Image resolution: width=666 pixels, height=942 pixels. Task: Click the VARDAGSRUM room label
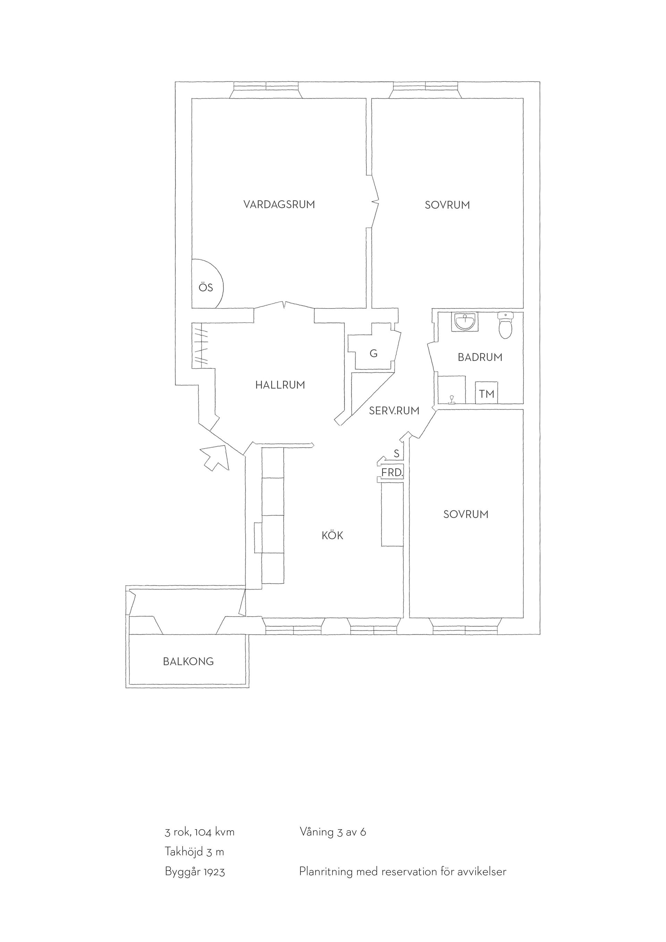click(279, 204)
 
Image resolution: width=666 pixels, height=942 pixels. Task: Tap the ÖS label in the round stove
click(206, 287)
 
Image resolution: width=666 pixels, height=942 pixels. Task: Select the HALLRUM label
click(280, 385)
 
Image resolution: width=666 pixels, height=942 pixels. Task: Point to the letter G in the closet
click(374, 353)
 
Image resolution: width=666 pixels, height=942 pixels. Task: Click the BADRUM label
click(480, 357)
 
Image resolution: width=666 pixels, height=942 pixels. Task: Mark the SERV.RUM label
click(394, 411)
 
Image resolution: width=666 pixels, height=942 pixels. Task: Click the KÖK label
click(333, 535)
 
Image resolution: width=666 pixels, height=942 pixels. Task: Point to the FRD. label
click(392, 473)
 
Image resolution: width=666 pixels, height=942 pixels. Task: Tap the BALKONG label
click(189, 661)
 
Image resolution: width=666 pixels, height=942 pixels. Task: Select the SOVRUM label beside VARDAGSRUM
click(447, 205)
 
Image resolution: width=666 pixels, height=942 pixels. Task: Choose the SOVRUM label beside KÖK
click(466, 515)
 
